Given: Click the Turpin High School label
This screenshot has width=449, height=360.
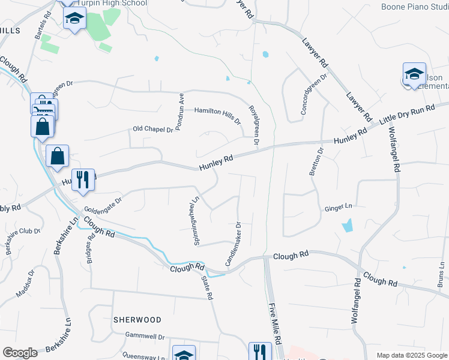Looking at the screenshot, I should click(112, 3).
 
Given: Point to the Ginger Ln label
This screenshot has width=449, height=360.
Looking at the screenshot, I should click(338, 208).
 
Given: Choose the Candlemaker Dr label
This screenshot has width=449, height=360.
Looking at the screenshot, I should click(233, 244).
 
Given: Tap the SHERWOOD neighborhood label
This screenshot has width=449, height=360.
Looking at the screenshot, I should click(137, 320).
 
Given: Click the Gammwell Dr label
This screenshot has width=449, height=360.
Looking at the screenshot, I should click(145, 337).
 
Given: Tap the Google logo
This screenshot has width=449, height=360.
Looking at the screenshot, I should click(20, 353).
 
